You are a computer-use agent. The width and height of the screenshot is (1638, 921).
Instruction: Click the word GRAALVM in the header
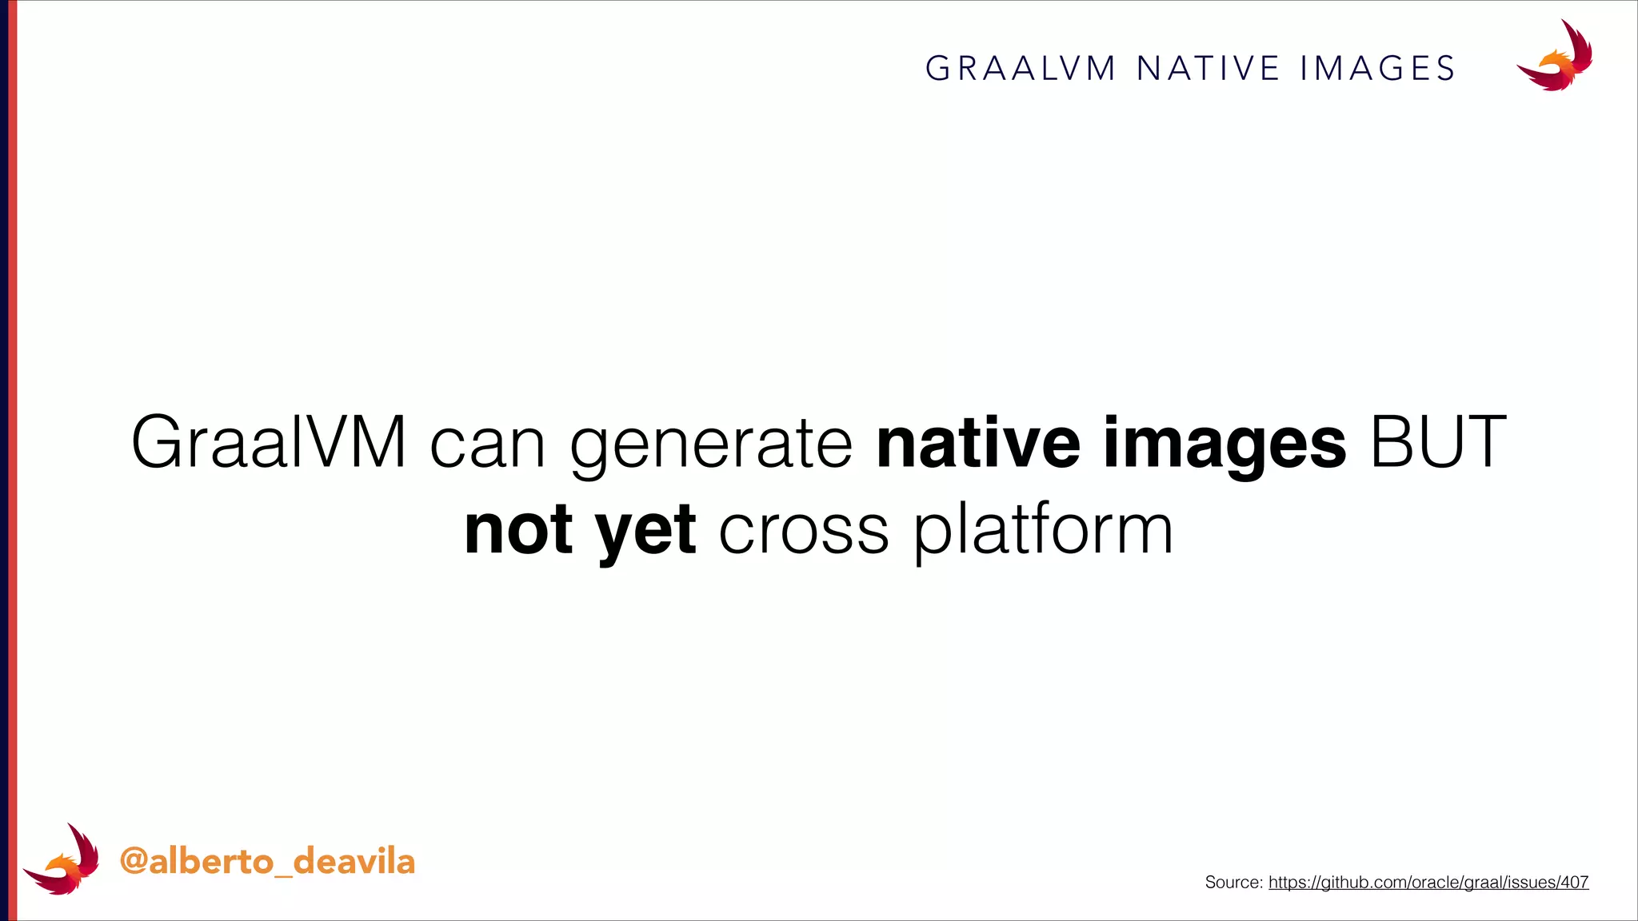tap(1021, 69)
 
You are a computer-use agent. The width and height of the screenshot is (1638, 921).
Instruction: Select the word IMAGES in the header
tap(1377, 69)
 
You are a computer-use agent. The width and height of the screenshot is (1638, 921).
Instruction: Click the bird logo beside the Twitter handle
tap(62, 860)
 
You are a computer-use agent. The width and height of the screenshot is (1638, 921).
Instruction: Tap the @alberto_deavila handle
tap(267, 862)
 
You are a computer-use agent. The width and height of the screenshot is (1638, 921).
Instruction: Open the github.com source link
tap(1428, 882)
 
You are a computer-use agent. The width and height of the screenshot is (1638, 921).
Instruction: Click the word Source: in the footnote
tap(1233, 882)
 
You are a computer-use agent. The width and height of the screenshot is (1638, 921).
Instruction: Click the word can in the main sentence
tap(487, 442)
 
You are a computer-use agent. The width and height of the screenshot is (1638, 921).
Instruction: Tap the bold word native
tap(978, 442)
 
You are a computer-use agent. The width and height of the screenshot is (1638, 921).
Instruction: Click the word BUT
tap(1438, 442)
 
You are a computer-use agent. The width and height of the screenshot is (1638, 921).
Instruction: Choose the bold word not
tap(518, 529)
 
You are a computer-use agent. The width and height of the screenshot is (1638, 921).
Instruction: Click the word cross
tap(804, 529)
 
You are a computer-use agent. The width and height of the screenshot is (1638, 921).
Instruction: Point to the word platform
tap(1043, 529)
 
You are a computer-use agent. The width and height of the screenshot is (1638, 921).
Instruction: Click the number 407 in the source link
tap(1573, 882)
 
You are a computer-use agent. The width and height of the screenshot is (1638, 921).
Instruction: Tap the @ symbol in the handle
tap(134, 862)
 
